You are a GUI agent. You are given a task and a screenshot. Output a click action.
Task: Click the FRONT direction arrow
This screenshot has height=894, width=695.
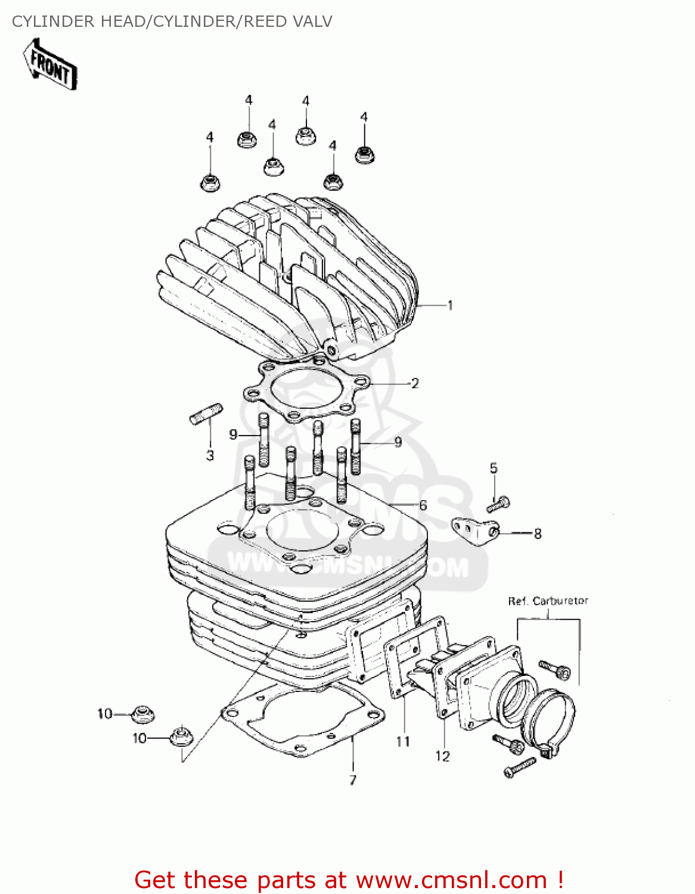pyautogui.click(x=51, y=64)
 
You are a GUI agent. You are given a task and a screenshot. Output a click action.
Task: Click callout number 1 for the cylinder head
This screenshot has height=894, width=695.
pyautogui.click(x=450, y=305)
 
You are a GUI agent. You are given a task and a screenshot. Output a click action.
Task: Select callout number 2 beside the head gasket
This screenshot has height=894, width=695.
pyautogui.click(x=415, y=383)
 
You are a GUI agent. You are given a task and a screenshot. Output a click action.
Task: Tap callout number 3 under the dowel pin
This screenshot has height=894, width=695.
pyautogui.click(x=210, y=456)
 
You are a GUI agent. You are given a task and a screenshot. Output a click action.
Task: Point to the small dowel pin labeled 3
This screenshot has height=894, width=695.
pyautogui.click(x=206, y=414)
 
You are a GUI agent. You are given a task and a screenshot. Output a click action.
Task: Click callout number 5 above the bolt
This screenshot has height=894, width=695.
pyautogui.click(x=494, y=468)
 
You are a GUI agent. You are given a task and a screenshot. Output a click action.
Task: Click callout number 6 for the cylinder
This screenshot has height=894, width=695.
pyautogui.click(x=423, y=505)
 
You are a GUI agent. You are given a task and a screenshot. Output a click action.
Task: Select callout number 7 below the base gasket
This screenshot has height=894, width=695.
pyautogui.click(x=353, y=780)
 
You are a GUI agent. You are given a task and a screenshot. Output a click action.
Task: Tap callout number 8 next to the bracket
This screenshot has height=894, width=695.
pyautogui.click(x=538, y=534)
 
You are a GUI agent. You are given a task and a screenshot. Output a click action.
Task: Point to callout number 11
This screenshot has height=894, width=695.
pyautogui.click(x=404, y=741)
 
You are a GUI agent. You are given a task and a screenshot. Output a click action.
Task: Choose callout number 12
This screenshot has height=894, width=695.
pyautogui.click(x=442, y=756)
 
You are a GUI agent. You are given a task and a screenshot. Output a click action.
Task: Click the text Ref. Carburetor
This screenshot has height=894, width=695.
pyautogui.click(x=548, y=601)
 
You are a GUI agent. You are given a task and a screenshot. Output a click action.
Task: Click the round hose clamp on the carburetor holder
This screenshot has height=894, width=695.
pyautogui.click(x=553, y=722)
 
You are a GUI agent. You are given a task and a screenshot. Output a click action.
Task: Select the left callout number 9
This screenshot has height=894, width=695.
pyautogui.click(x=233, y=435)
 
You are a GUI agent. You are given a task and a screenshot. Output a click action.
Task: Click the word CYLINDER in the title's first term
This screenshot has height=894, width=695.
pyautogui.click(x=53, y=21)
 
